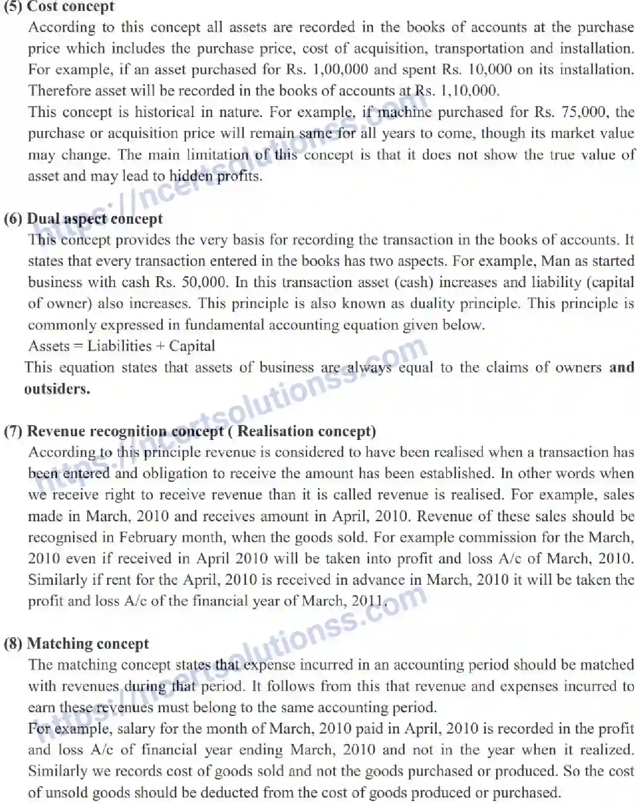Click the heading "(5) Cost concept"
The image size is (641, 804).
(59, 6)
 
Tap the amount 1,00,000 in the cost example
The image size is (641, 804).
(340, 69)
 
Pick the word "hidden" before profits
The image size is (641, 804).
(191, 176)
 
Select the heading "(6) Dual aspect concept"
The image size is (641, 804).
(83, 219)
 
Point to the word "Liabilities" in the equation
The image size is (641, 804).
(119, 346)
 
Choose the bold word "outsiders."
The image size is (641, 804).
(57, 389)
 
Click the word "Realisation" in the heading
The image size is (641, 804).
(275, 431)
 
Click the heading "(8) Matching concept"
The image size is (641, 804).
(76, 644)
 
